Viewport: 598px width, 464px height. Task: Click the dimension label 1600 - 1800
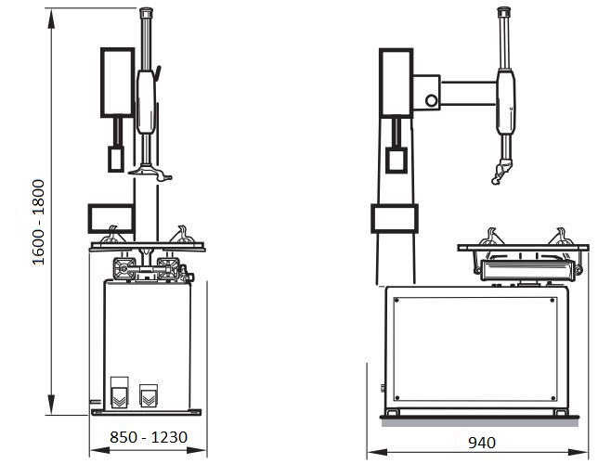pos(38,223)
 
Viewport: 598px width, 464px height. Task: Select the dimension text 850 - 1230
pos(149,437)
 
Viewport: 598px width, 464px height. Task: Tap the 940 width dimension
pos(482,443)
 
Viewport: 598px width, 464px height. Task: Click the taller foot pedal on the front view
pos(120,393)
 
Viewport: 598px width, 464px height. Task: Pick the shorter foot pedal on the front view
pos(149,395)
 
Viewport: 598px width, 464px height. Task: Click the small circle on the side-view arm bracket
pos(432,100)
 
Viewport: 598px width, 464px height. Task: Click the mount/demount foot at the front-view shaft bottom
pos(149,173)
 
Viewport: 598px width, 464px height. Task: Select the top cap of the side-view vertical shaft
pos(504,12)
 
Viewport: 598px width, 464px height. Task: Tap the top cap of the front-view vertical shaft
pos(146,13)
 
